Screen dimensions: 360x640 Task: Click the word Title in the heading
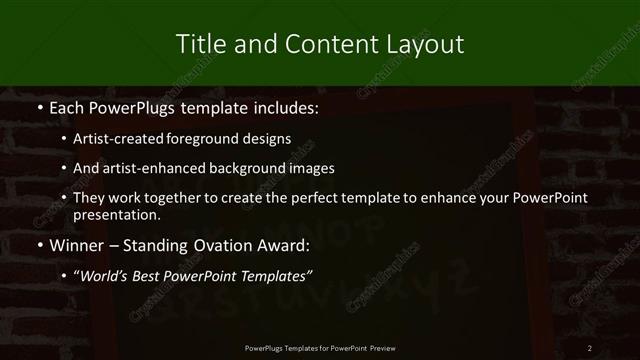[x=199, y=44]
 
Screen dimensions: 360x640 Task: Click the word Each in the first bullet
[x=66, y=106]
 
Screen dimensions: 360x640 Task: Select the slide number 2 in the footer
[x=590, y=347]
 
